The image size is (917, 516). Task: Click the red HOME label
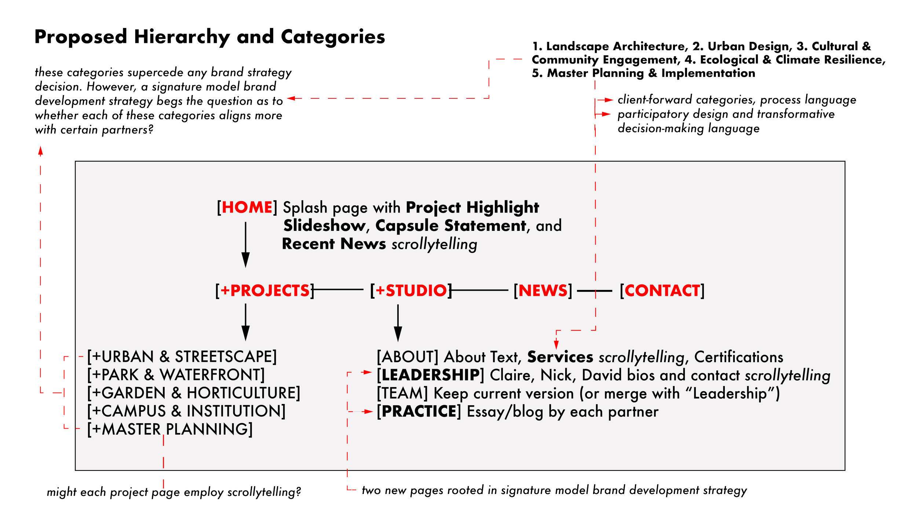246,207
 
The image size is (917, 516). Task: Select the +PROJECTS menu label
265,291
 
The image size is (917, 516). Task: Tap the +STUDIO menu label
411,291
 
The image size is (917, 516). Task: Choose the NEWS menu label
543,291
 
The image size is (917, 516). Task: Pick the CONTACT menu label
662,291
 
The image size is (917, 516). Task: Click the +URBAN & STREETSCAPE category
182,357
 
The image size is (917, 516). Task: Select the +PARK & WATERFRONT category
176,375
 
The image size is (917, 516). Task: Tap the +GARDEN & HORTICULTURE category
194,393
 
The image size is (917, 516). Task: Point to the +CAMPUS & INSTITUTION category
186,411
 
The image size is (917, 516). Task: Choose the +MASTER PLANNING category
170,429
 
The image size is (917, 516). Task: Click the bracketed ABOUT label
408,357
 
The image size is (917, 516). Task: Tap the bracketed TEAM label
402,393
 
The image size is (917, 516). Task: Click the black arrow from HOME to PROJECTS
245,244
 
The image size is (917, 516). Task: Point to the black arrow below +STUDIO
398,323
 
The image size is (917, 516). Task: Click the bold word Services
560,357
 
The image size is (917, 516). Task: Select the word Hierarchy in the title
182,37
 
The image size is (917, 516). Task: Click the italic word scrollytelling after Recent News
434,244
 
